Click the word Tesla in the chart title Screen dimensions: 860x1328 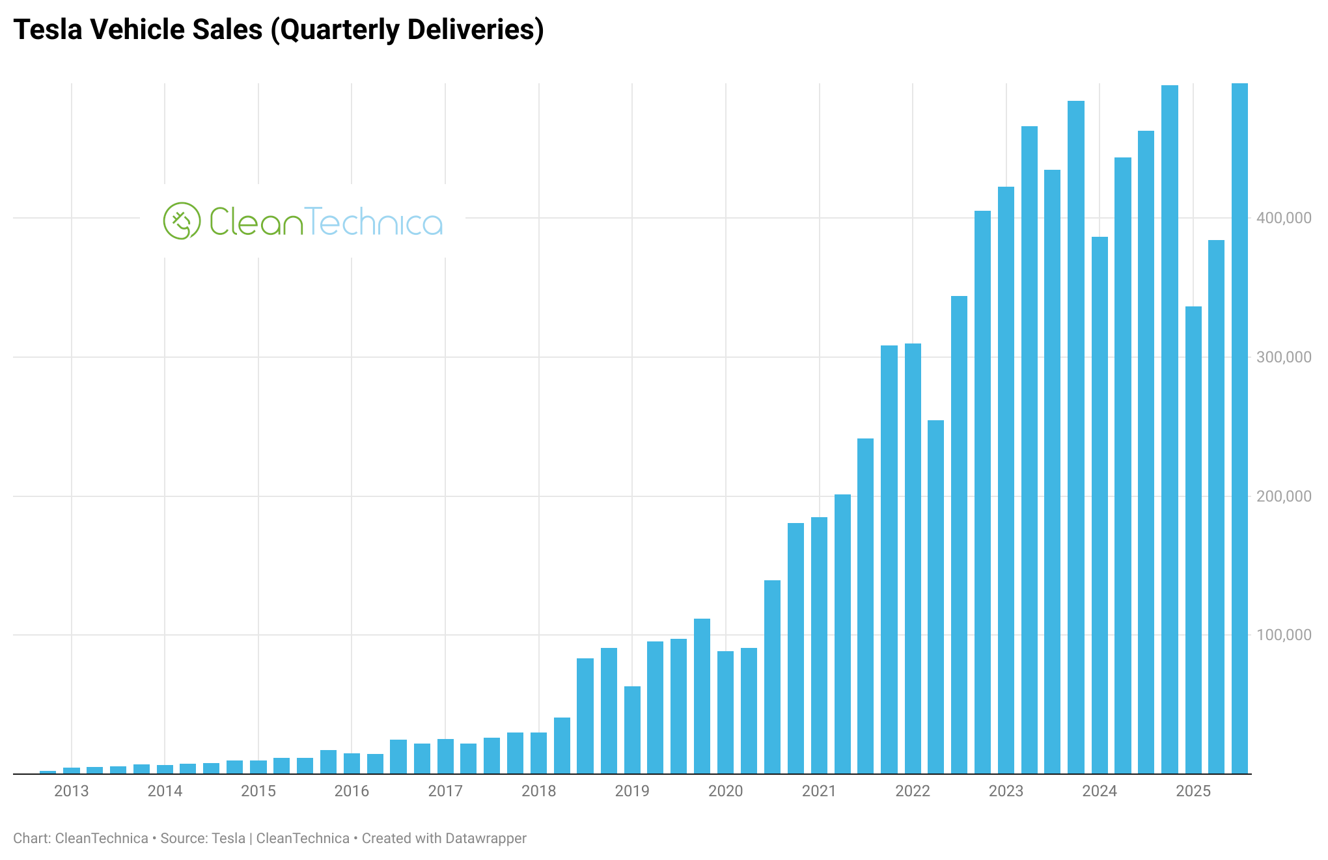(48, 30)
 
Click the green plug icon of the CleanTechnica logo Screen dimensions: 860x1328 (182, 221)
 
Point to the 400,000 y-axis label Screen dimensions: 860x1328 (1283, 219)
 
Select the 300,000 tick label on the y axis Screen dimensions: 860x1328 (1283, 357)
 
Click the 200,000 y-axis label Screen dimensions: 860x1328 (1283, 496)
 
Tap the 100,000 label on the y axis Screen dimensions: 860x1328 (1283, 635)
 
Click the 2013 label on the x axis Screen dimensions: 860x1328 (72, 791)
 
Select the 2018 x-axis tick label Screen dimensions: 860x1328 (539, 791)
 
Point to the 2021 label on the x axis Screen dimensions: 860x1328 (819, 791)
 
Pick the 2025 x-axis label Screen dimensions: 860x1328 (1193, 791)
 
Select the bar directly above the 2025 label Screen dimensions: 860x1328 (1193, 540)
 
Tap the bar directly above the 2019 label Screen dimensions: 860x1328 (632, 730)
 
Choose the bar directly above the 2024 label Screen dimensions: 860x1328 (1100, 505)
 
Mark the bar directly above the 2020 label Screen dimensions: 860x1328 (725, 712)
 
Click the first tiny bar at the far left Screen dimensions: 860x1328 (48, 772)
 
